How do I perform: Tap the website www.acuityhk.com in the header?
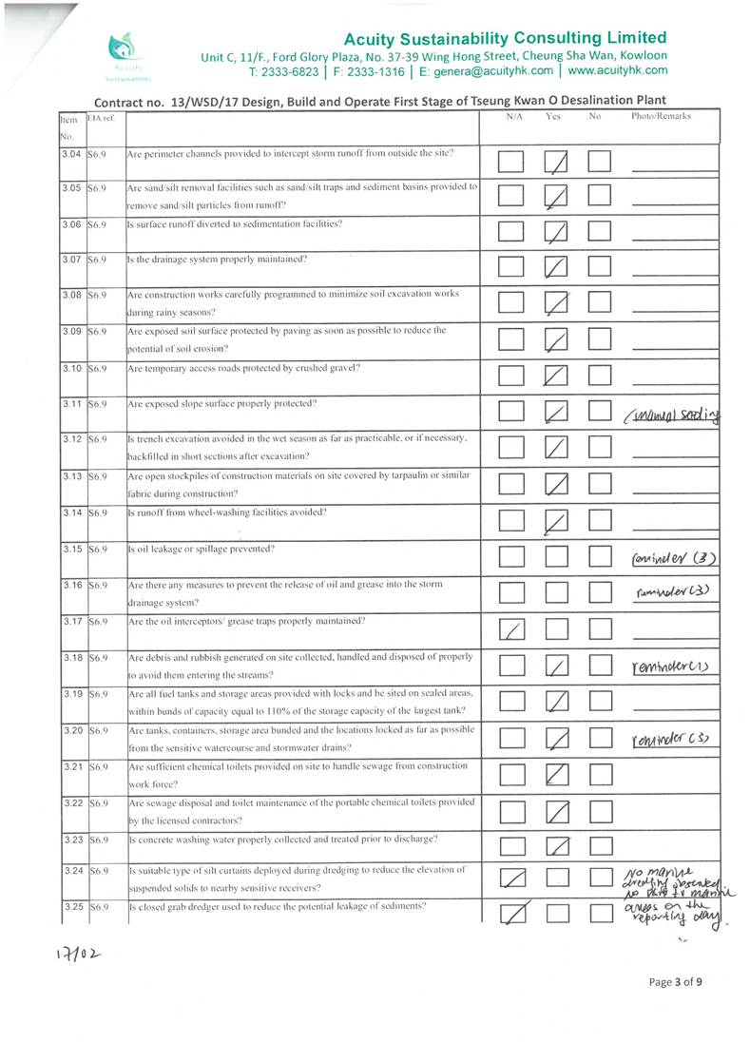point(617,70)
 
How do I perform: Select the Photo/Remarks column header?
point(662,117)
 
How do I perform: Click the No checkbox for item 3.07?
point(600,269)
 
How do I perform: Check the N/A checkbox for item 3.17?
point(512,628)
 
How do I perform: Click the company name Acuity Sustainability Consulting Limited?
point(505,38)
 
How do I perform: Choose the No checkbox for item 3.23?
point(600,846)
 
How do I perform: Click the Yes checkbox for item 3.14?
point(557,521)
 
